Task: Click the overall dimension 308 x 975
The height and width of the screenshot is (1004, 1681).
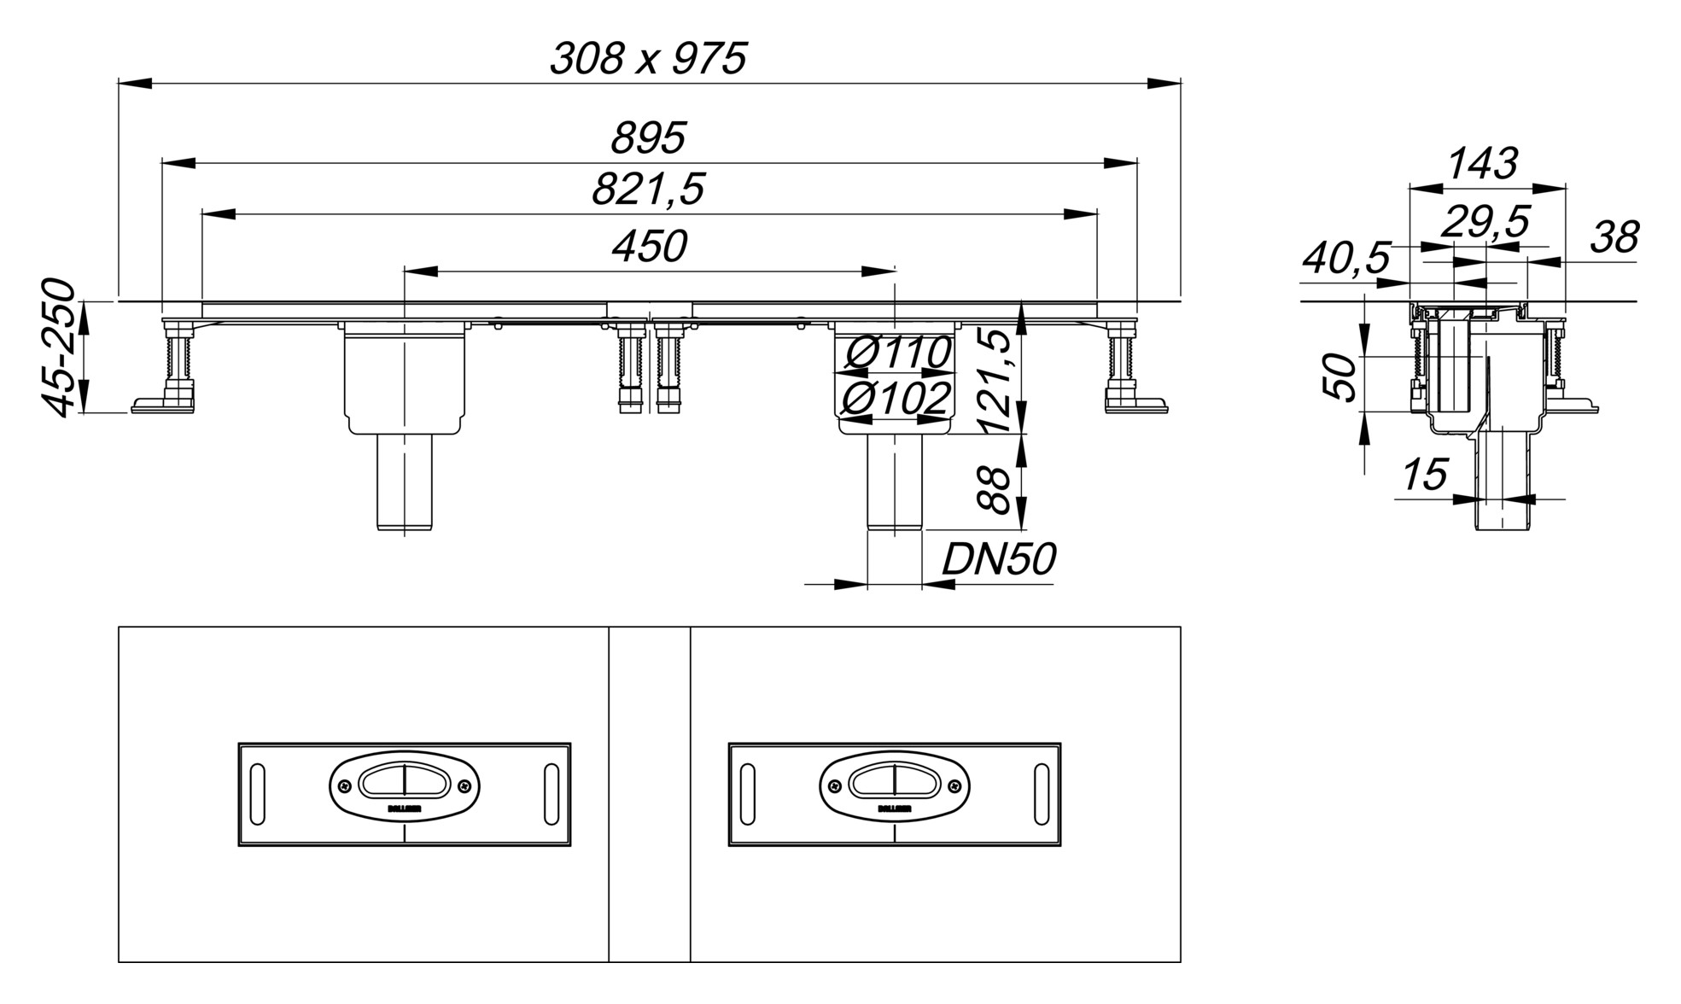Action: (648, 60)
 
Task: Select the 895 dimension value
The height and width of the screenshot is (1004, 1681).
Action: (648, 138)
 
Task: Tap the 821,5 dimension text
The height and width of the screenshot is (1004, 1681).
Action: (648, 190)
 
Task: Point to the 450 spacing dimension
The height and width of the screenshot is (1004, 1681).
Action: (649, 247)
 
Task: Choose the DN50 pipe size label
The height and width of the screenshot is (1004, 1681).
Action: (998, 560)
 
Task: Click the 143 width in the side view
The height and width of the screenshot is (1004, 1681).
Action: (1484, 164)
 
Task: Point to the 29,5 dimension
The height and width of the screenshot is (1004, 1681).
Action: (1485, 223)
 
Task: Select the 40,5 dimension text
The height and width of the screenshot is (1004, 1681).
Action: (1346, 259)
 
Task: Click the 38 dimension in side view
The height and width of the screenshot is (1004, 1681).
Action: (1614, 238)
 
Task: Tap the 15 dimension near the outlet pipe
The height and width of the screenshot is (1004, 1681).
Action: (1425, 476)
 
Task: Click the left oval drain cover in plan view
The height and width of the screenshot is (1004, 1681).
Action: (404, 786)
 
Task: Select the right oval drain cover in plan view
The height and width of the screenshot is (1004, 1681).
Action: (894, 786)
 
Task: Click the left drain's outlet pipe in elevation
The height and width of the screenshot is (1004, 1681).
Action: (405, 482)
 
